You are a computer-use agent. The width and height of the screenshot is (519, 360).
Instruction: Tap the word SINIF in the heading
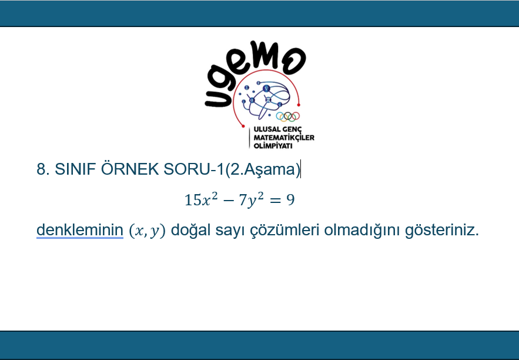point(75,169)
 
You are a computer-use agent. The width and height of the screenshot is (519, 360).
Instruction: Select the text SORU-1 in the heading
point(194,169)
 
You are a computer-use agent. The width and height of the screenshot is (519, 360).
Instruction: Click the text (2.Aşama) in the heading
point(263,169)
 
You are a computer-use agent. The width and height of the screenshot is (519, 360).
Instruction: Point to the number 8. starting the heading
point(43,169)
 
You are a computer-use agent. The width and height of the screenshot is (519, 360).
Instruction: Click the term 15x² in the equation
point(201,199)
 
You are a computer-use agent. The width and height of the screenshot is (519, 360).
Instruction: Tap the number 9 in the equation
point(290,200)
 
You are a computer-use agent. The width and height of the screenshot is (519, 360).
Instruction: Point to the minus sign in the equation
point(229,201)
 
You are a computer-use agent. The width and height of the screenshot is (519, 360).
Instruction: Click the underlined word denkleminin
point(80,229)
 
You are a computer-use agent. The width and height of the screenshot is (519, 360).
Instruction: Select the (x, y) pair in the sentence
point(147,231)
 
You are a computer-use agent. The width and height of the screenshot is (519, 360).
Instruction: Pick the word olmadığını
point(362,230)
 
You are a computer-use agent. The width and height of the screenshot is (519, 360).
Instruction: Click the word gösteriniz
point(442,230)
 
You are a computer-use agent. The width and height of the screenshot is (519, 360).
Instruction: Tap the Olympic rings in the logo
point(287,116)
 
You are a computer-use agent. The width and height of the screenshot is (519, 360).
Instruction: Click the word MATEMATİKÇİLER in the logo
point(284,138)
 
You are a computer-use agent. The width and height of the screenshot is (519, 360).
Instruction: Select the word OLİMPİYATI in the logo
point(273,146)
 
